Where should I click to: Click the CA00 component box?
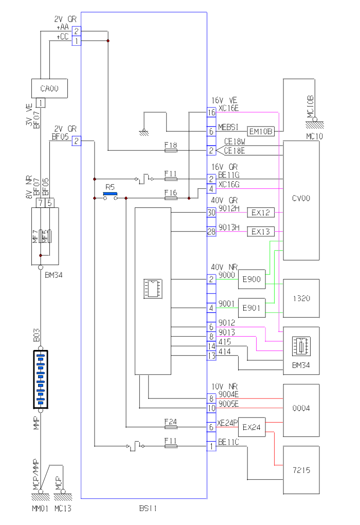(x=49, y=88)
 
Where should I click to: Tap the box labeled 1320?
(x=301, y=298)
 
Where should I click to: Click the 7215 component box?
(x=301, y=470)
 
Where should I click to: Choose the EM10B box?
(x=261, y=132)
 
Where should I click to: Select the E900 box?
(x=254, y=279)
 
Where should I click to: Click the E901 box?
(x=254, y=308)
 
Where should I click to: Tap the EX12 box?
(x=261, y=212)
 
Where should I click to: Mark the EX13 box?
(x=261, y=232)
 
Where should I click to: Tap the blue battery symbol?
(x=41, y=380)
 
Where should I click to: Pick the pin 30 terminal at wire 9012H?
(x=211, y=212)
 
